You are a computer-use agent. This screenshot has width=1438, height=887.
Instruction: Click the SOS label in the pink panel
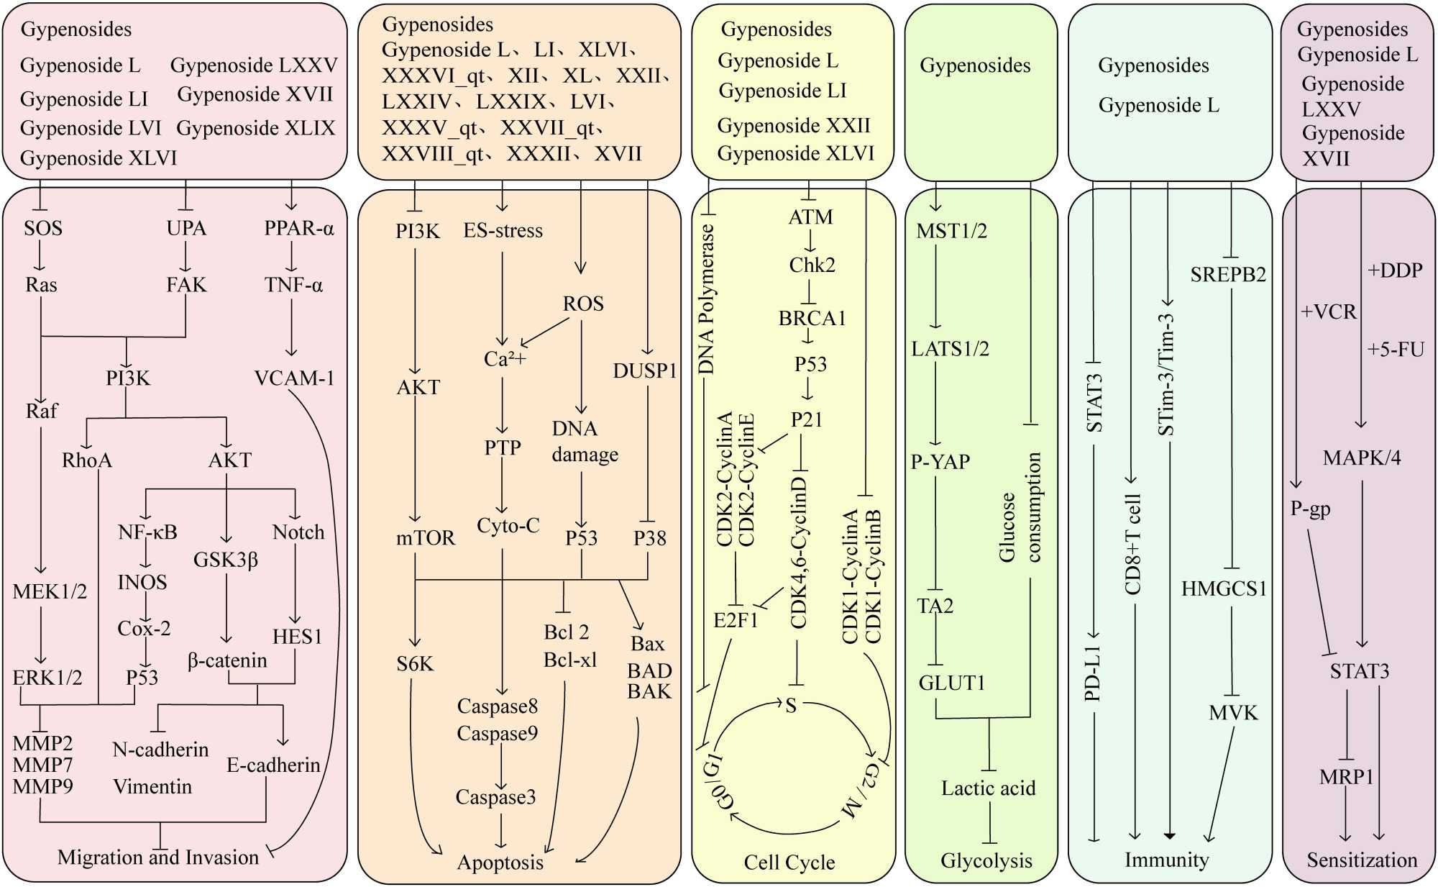tap(43, 229)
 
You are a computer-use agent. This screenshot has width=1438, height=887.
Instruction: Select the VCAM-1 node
tap(294, 378)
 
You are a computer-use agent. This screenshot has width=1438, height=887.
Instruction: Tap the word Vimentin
tap(152, 786)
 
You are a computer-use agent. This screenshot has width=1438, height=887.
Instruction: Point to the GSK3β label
tap(226, 560)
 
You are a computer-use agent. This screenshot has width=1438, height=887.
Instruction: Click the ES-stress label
tap(503, 231)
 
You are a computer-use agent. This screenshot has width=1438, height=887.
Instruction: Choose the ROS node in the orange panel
tap(583, 304)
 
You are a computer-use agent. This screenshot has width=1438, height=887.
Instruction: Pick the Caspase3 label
tap(495, 797)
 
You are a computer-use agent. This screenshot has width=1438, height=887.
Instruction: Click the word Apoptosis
tap(500, 862)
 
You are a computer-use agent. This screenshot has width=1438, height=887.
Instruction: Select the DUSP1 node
tap(645, 371)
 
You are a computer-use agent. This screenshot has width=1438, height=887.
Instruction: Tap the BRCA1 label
tap(812, 318)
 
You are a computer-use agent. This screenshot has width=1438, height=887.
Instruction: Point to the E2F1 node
tap(736, 620)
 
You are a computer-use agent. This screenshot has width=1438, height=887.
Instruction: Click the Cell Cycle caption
tap(789, 862)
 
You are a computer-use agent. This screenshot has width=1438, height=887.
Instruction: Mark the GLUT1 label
tap(952, 683)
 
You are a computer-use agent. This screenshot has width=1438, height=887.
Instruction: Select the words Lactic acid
tap(988, 788)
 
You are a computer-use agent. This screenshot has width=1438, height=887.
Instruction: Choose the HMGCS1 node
tap(1224, 589)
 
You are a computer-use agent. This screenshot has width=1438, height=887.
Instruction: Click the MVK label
tap(1233, 713)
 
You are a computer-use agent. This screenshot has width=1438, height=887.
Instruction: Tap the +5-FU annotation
tap(1395, 350)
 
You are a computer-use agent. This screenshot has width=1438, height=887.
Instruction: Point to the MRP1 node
tap(1346, 777)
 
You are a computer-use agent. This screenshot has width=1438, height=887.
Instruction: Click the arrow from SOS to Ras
tap(40, 257)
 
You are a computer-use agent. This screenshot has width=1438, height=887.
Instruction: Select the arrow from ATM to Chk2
tap(811, 241)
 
